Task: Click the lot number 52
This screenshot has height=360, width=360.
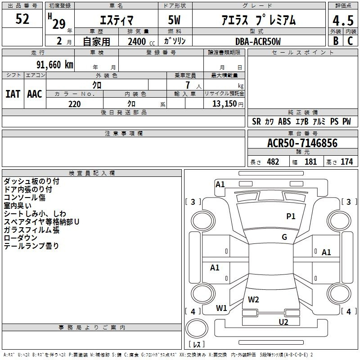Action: pos(22,19)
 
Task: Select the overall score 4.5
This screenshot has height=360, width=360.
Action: pos(343,20)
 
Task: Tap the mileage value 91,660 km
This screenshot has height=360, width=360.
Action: pos(54,65)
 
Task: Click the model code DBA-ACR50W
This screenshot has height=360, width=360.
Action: pos(258,41)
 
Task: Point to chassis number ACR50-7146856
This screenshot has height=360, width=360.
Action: pos(302,143)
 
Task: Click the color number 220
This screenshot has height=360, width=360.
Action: pos(74,104)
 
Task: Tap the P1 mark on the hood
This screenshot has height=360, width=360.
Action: pos(291,216)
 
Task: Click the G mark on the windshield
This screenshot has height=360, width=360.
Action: pos(284,237)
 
